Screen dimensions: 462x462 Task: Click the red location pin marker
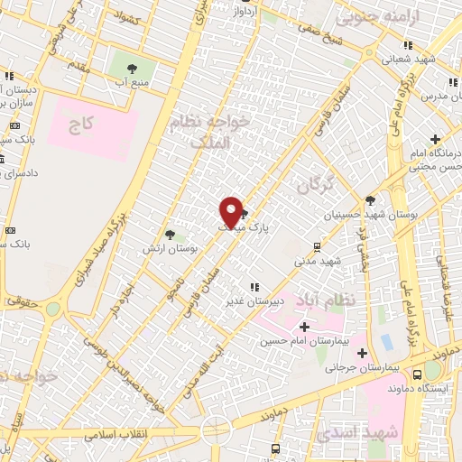[x=232, y=212]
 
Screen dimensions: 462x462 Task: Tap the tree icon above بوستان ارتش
[x=170, y=235]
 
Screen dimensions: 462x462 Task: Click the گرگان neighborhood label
[x=315, y=185]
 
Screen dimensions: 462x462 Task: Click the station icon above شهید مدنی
[x=317, y=247]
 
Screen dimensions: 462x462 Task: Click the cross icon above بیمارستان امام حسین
[x=304, y=326]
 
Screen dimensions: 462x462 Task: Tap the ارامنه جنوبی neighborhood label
[x=366, y=16]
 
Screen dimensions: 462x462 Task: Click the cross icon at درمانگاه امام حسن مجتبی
[x=436, y=139]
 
